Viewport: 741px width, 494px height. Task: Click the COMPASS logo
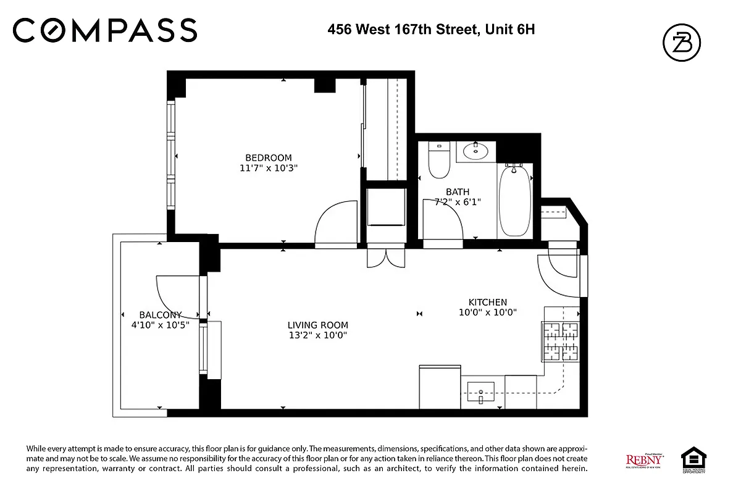[x=105, y=30]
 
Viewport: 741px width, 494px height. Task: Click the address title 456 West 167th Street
[x=430, y=28]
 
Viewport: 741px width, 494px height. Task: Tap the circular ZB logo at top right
[x=681, y=43]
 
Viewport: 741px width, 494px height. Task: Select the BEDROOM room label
[x=268, y=157]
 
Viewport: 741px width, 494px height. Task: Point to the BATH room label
[x=457, y=192]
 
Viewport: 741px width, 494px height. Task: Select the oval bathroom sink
[x=475, y=151]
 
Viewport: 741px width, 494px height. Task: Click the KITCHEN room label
[x=487, y=302]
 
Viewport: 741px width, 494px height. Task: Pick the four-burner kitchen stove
[x=561, y=342]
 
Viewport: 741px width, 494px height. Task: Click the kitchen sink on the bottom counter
[x=481, y=391]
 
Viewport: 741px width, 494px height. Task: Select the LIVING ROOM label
[x=317, y=325]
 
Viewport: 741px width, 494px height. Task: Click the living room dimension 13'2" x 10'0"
[x=317, y=335]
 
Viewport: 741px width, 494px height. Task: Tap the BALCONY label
[x=160, y=314]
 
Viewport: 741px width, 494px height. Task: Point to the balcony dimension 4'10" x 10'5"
[x=156, y=324]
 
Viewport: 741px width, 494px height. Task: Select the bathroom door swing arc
[x=443, y=219]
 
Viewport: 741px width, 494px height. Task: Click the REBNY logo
[x=645, y=460]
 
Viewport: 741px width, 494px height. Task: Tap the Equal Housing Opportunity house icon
[x=693, y=458]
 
